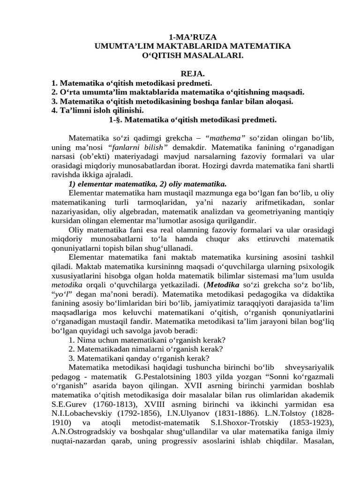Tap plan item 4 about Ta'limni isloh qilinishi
97,110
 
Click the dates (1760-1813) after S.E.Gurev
109,404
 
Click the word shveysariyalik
311,367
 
